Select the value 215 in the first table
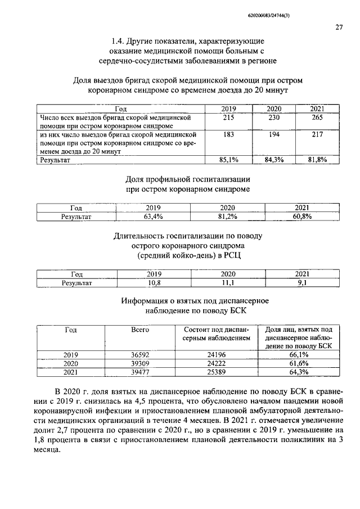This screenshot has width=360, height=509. tap(228, 119)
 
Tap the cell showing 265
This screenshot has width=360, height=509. tap(317, 119)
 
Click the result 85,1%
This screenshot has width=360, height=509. tap(228, 160)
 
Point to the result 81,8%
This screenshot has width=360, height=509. tap(317, 160)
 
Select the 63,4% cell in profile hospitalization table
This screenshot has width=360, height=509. tap(153, 216)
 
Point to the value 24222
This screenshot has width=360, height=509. tap(217, 363)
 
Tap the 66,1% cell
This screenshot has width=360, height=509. tap(299, 355)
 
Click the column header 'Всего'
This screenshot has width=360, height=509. tap(139, 330)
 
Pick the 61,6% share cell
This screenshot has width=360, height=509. tap(299, 363)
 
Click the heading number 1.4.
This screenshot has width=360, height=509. tap(117, 41)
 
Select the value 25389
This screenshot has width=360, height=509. tap(217, 372)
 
